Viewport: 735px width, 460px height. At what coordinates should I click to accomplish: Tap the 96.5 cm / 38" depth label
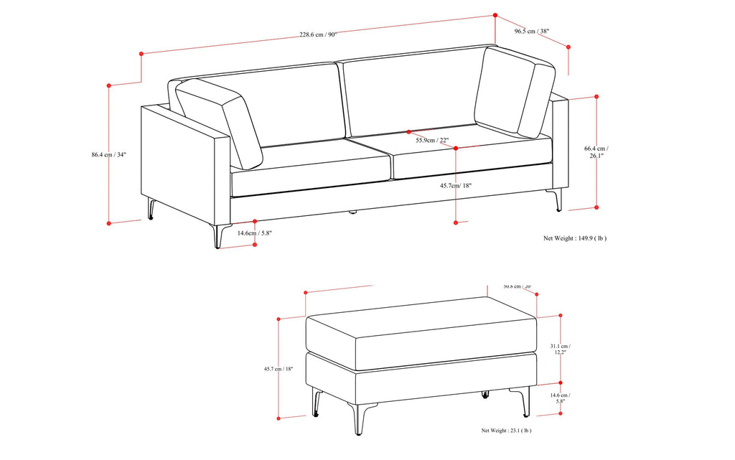[x=532, y=31]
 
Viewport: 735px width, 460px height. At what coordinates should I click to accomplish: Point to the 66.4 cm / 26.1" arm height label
[x=596, y=151]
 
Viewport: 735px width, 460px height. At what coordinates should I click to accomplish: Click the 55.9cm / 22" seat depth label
[x=431, y=141]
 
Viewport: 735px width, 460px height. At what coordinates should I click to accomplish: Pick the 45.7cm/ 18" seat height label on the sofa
[x=457, y=185]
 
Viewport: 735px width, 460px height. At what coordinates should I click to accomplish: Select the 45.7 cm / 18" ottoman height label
[x=278, y=369]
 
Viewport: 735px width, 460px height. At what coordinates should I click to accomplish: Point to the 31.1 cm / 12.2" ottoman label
[x=560, y=349]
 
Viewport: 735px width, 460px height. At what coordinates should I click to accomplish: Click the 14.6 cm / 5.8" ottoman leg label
[x=560, y=398]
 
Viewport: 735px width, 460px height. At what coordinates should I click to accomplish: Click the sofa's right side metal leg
[x=557, y=200]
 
